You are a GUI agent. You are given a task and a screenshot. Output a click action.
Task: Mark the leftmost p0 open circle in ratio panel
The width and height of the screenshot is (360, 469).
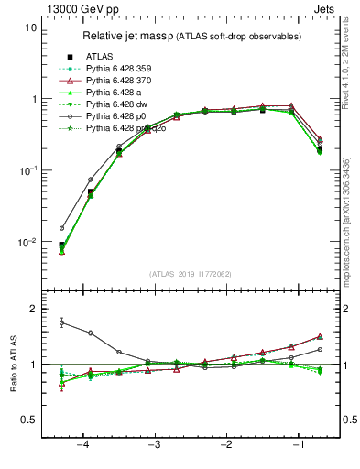[x=61, y=322]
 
